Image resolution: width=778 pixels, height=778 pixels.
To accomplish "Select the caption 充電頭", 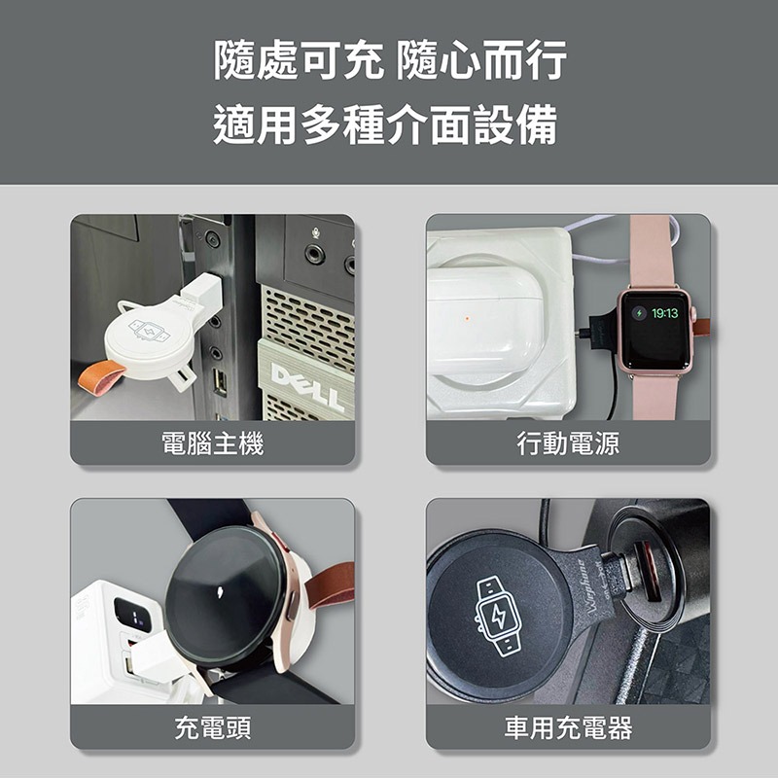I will click(212, 727).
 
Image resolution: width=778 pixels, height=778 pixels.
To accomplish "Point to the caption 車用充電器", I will click(568, 727).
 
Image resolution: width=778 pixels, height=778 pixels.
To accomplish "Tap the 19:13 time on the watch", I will click(664, 313).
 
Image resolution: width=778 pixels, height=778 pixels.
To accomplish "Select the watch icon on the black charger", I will click(499, 613).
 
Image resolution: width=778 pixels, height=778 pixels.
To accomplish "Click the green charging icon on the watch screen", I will click(639, 314).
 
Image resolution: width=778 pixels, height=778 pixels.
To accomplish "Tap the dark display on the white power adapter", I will click(131, 614).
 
